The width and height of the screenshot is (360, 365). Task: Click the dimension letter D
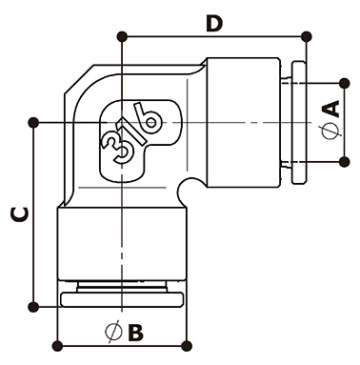(214, 25)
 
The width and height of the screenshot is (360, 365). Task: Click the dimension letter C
(20, 214)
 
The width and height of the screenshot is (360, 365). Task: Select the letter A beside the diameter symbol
(330, 109)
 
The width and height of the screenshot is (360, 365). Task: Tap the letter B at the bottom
(135, 333)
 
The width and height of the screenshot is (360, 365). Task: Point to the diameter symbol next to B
(113, 332)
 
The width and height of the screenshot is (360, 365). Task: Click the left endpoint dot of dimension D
(122, 37)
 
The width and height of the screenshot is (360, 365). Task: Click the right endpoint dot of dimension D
(306, 37)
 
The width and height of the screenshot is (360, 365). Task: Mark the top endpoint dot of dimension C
(33, 123)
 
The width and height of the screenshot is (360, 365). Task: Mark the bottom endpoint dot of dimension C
(33, 307)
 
